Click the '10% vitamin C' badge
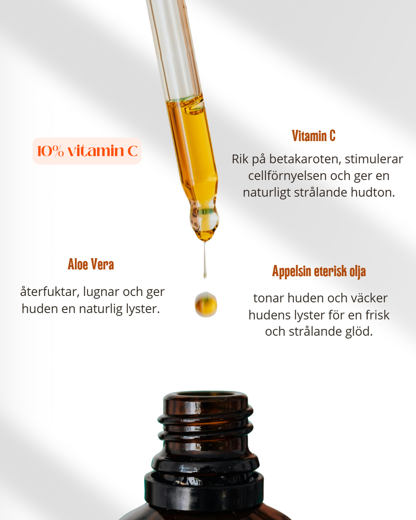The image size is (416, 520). coord(87,151)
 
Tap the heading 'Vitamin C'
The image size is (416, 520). coord(314,136)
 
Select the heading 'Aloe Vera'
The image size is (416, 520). coord(91,264)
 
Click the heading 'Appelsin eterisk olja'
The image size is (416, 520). coord(319,271)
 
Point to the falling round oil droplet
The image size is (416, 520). coord(206,305)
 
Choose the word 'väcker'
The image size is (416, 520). coord(368,298)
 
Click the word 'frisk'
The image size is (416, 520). coord(377,315)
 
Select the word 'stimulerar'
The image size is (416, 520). coord(374,159)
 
